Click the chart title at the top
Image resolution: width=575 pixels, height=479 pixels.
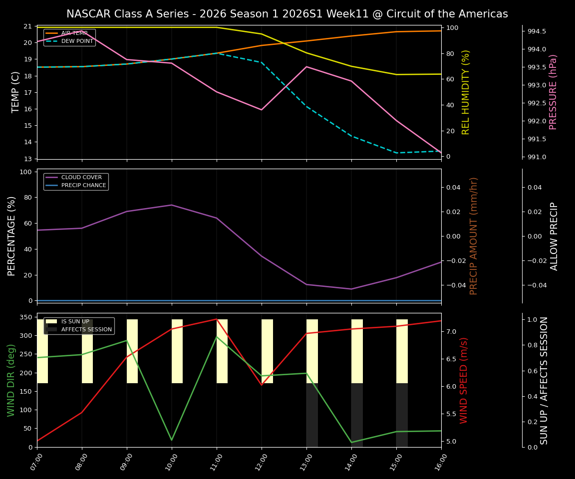click(x=287, y=14)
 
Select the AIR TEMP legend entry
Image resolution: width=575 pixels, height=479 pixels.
click(x=74, y=33)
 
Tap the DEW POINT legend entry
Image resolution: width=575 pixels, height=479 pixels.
click(x=77, y=41)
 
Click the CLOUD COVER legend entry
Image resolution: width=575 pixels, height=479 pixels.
click(x=81, y=178)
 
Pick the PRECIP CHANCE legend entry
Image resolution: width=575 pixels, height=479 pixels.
click(x=83, y=186)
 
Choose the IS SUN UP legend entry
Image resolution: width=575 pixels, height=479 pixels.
click(x=75, y=322)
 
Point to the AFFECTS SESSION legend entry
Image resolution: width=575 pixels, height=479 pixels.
click(x=86, y=330)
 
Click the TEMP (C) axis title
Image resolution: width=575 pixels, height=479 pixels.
click(x=16, y=92)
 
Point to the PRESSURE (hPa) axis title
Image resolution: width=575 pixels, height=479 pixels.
click(x=553, y=92)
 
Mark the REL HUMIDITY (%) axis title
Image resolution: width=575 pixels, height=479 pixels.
click(x=466, y=92)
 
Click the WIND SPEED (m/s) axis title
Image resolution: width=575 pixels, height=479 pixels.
click(x=464, y=380)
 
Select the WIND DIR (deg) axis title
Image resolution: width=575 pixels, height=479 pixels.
click(x=11, y=380)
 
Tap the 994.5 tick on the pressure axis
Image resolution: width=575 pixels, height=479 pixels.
click(x=537, y=31)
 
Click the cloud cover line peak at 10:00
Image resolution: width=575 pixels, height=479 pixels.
click(x=172, y=205)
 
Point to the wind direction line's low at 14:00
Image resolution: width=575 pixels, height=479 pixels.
click(x=351, y=442)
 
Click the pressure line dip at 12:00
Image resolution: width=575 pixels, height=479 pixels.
click(x=262, y=110)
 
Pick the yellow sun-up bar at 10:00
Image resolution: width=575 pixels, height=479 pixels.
click(x=177, y=351)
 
